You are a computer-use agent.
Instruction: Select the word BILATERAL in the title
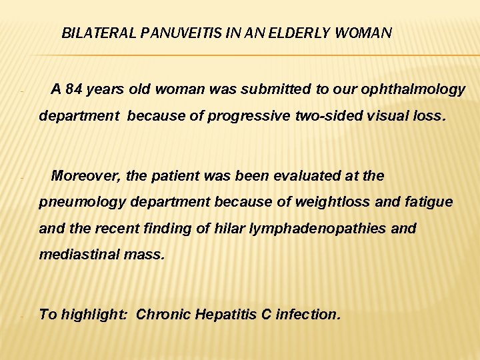(x=99, y=33)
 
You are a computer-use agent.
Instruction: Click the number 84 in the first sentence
(x=73, y=89)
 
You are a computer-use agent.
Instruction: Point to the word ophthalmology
(x=417, y=89)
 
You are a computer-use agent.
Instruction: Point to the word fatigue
(x=429, y=202)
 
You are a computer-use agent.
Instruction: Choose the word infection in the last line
(x=309, y=314)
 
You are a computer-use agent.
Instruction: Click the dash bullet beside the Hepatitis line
(x=22, y=316)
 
